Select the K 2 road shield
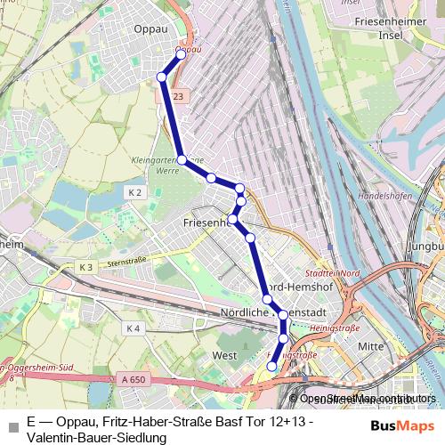click(x=135, y=192)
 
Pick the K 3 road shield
click(x=85, y=267)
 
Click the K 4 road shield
click(x=133, y=328)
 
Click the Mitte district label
click(x=369, y=346)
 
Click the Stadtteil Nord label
click(x=332, y=273)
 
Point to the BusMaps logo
click(x=402, y=425)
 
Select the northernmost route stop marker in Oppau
click(x=181, y=54)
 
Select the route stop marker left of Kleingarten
click(x=181, y=159)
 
